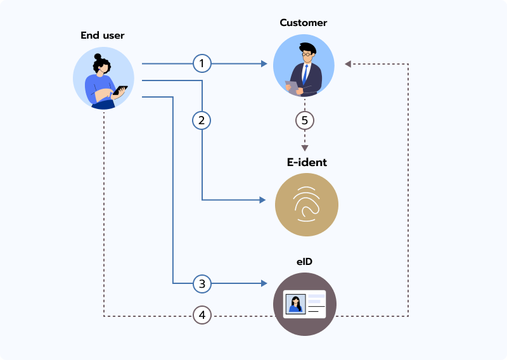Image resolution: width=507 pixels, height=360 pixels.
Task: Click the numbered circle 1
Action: coord(202,63)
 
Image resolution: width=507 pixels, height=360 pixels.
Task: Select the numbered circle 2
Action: coord(202,120)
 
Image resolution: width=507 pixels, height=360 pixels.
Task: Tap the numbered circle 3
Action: coord(202,283)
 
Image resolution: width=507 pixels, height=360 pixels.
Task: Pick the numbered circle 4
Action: coord(202,315)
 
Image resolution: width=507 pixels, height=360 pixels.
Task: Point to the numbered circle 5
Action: coord(305,120)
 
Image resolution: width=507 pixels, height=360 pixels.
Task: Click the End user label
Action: coord(103,35)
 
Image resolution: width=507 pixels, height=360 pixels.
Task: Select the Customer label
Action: coord(304,23)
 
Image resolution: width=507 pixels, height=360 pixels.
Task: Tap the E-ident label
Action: coord(307,162)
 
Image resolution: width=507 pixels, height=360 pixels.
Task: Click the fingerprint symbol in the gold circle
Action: coord(306,204)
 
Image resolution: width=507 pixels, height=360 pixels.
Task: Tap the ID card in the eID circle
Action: coord(305,304)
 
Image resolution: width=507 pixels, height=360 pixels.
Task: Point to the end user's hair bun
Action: coord(98,57)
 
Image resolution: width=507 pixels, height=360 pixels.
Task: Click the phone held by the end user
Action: coord(120,90)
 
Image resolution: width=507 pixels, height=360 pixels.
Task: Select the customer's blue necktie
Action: coord(305,75)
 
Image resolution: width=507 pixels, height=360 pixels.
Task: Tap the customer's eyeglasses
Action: coord(307,55)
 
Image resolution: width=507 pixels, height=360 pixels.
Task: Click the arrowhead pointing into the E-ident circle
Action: coord(262,200)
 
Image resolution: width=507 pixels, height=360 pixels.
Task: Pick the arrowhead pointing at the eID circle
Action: coord(262,283)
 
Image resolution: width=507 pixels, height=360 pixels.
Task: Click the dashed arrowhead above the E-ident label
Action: coord(305,147)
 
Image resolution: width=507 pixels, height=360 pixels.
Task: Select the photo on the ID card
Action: coord(295,304)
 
